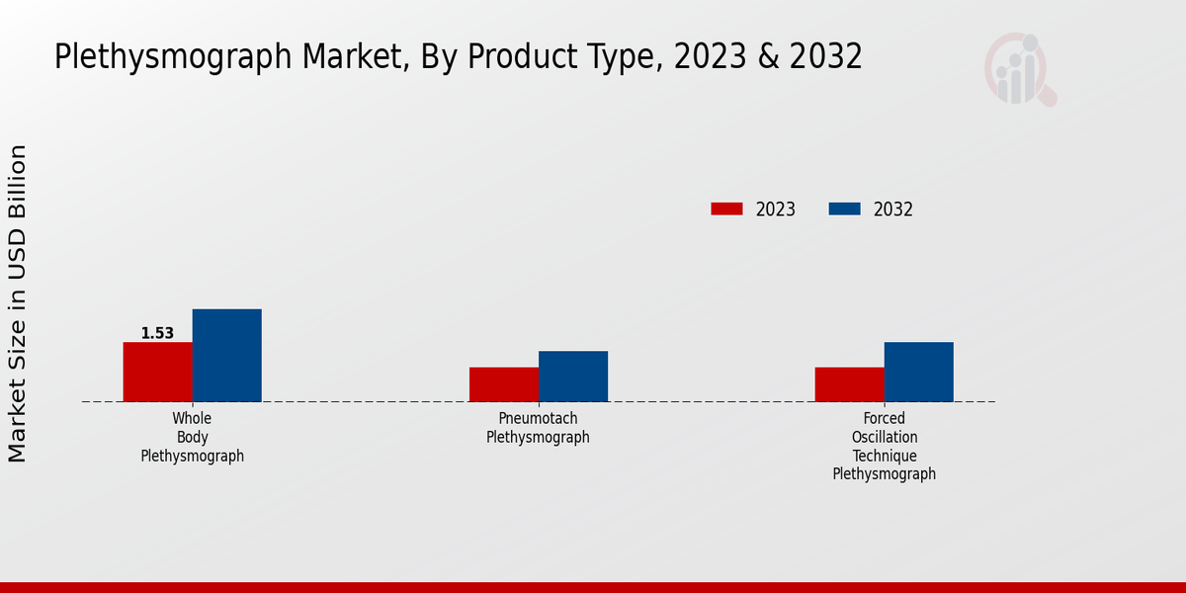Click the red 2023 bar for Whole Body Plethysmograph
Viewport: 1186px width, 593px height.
157,372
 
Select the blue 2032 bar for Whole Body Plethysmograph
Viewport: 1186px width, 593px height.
226,356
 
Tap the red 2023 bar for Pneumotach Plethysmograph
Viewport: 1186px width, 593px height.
504,384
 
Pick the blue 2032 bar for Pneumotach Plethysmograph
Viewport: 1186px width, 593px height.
573,377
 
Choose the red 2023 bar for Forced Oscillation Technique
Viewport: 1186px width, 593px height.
849,384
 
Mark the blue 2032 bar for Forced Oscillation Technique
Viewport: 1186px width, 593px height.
918,372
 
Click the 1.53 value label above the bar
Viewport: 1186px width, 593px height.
157,333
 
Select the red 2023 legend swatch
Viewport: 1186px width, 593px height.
726,209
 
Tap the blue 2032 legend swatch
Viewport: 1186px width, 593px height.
844,209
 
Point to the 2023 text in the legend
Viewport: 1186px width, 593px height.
776,210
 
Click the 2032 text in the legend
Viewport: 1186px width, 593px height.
893,210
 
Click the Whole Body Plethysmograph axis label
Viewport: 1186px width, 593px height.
192,437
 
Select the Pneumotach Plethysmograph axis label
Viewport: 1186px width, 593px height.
538,428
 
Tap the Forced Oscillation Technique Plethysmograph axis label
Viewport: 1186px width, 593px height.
884,446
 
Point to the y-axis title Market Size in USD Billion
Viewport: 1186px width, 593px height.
18,302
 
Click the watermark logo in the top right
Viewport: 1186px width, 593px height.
1019,69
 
